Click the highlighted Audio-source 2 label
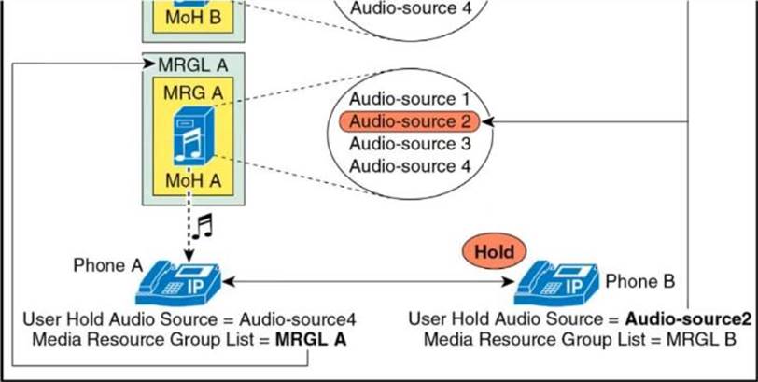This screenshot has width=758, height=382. click(x=410, y=121)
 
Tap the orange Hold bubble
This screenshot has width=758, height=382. click(x=494, y=251)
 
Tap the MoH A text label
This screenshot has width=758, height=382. click(x=193, y=179)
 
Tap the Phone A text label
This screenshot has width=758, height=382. click(x=105, y=264)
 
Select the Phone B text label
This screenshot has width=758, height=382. click(x=639, y=280)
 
